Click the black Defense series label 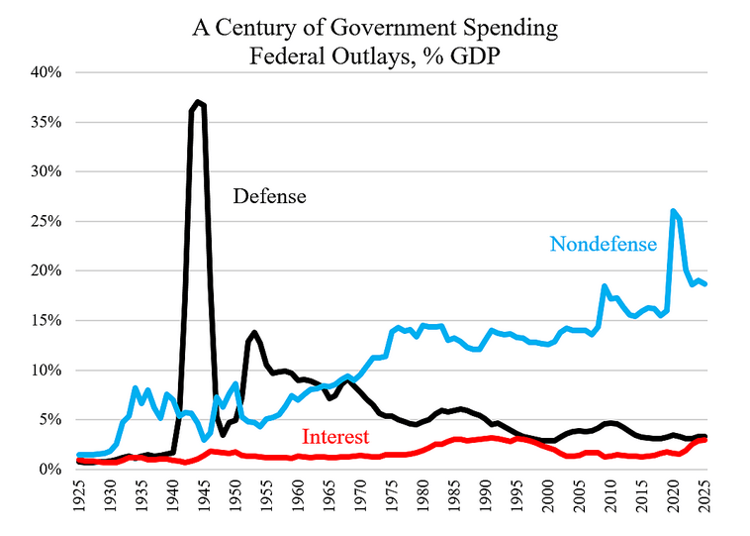click(x=269, y=196)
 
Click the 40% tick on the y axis click(x=47, y=72)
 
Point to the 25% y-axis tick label click(x=47, y=221)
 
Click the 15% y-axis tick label click(x=47, y=320)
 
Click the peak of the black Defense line click(x=199, y=101)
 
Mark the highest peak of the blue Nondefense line click(x=673, y=211)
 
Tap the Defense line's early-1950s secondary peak click(x=254, y=332)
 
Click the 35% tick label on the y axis click(x=47, y=122)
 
